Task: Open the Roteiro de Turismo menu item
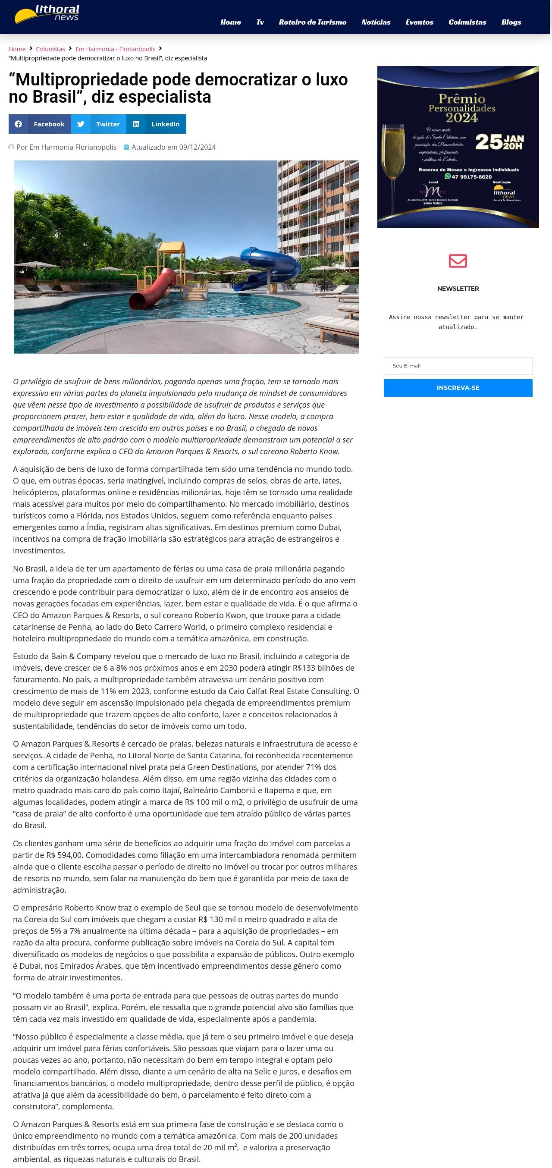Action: pos(312,22)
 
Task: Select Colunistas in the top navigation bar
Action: pos(467,22)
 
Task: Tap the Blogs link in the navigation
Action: pos(511,22)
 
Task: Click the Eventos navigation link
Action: pos(419,22)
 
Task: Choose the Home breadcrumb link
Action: pos(17,49)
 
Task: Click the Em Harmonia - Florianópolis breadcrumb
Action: pos(115,49)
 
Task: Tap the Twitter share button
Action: pos(98,124)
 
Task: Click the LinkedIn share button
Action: pos(156,124)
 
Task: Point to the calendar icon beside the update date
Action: pos(126,148)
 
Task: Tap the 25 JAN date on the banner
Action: pos(499,142)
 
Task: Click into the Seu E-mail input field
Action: pos(458,366)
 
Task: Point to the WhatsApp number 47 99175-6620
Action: pos(471,177)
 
